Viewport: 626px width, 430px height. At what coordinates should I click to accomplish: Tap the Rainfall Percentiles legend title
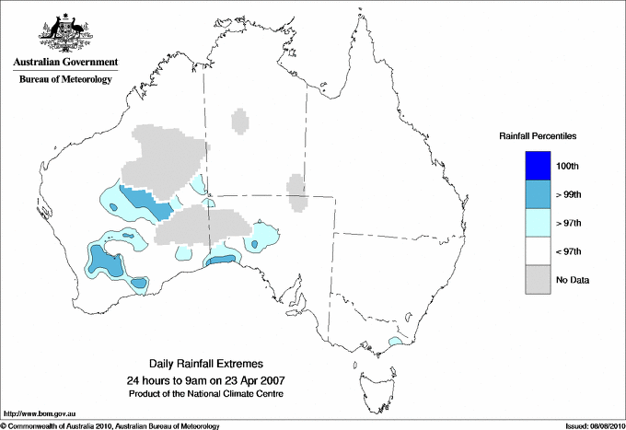[x=538, y=136]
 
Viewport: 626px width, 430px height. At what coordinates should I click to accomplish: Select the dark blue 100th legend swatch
[x=537, y=166]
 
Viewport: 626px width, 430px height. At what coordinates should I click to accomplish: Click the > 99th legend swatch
[x=537, y=194]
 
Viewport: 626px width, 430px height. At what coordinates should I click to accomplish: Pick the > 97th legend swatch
[x=537, y=223]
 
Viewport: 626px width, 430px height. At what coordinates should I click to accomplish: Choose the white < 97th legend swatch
[x=537, y=251]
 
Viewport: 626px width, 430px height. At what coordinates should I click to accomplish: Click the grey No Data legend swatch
[x=537, y=280]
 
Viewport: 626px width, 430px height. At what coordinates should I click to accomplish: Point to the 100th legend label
[x=568, y=166]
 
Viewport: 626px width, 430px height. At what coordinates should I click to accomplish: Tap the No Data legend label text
[x=573, y=280]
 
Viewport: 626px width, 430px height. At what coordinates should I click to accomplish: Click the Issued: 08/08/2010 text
[x=593, y=425]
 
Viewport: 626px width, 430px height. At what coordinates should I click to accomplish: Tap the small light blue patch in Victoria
[x=395, y=342]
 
